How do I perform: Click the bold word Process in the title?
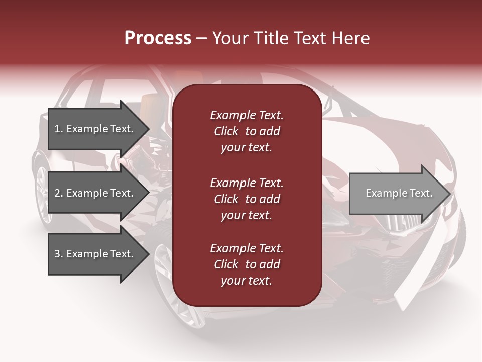(x=158, y=38)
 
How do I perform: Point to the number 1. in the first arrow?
(x=59, y=129)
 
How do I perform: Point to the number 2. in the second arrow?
(x=59, y=193)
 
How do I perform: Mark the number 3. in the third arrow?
(x=59, y=254)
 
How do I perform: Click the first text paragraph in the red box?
(x=247, y=131)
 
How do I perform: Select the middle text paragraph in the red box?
(x=247, y=199)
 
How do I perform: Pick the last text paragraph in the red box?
(x=247, y=264)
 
